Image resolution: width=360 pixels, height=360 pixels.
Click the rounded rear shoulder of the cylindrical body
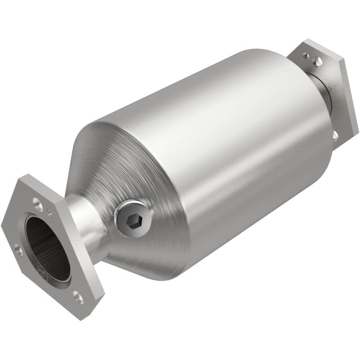tap(310, 112)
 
